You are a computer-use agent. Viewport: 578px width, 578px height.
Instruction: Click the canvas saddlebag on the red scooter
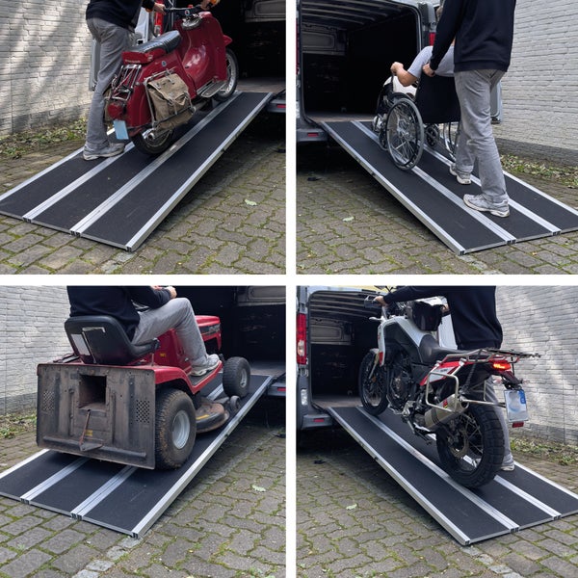pos(170,97)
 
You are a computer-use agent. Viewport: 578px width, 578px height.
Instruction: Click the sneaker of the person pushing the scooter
pos(102,150)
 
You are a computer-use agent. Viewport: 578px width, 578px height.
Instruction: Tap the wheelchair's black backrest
pos(436,98)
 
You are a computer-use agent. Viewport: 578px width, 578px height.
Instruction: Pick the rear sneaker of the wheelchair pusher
pos(486,204)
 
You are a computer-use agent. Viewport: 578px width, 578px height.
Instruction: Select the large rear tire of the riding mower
pos(175,427)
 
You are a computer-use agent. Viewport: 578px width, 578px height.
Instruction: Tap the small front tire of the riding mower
pos(236,377)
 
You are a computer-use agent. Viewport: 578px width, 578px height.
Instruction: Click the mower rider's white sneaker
pos(205,366)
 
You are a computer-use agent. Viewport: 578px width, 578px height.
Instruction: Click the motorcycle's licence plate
pos(516,404)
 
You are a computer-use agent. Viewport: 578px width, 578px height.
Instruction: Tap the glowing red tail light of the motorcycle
pos(500,365)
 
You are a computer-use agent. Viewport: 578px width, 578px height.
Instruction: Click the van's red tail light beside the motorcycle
pos(302,336)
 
